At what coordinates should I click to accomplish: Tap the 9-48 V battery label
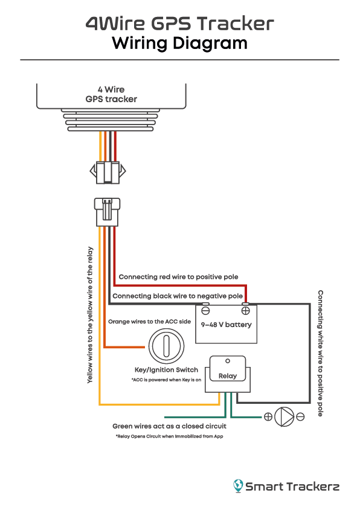[226, 325]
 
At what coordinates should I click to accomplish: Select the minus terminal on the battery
[205, 311]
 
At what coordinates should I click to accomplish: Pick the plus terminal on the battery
[246, 311]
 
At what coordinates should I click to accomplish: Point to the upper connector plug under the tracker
[107, 172]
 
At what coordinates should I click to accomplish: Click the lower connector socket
[107, 212]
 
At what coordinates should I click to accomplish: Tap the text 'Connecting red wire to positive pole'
[178, 277]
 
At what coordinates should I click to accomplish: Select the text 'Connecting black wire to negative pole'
[178, 296]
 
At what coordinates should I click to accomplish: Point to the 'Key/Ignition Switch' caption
[166, 370]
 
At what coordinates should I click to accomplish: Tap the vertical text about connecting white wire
[320, 353]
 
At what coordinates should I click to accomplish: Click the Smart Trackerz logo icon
[239, 485]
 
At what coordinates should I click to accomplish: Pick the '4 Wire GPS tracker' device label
[111, 94]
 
